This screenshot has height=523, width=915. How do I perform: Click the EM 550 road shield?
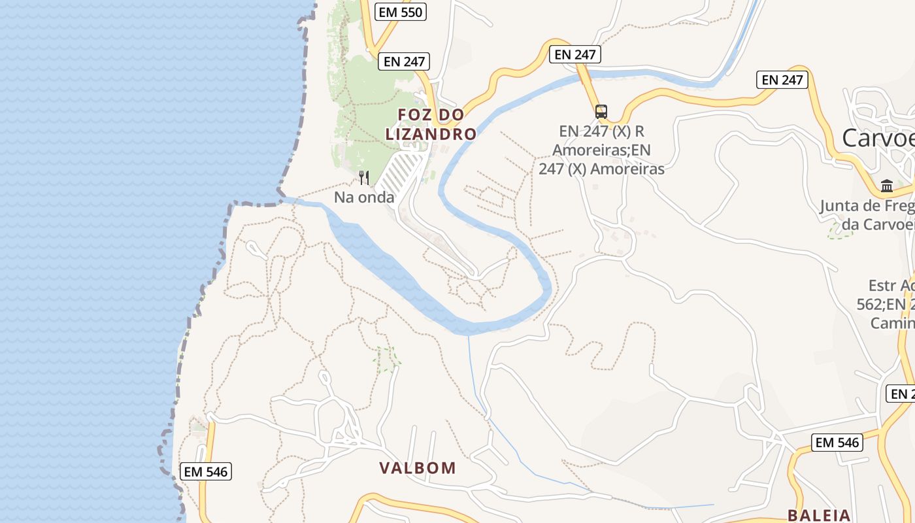(x=401, y=11)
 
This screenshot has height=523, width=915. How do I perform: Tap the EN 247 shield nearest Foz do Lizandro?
(x=405, y=61)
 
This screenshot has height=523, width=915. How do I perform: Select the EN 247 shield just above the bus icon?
(x=575, y=54)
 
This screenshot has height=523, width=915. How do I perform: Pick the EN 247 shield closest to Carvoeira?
(x=782, y=80)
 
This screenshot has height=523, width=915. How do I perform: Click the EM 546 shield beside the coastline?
(x=207, y=471)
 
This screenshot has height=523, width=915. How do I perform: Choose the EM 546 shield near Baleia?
(x=837, y=443)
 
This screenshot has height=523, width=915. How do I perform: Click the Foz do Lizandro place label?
(x=431, y=124)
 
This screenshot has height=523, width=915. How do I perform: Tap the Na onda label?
(x=364, y=197)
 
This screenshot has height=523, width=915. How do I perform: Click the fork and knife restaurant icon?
(x=364, y=177)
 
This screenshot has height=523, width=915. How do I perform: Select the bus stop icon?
(x=601, y=112)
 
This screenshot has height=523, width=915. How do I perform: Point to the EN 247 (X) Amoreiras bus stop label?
(x=601, y=150)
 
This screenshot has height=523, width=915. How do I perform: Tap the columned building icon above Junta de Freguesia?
(x=887, y=186)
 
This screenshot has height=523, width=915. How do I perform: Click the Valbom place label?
(x=418, y=468)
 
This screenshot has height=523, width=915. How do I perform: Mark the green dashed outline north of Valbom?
(x=386, y=358)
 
